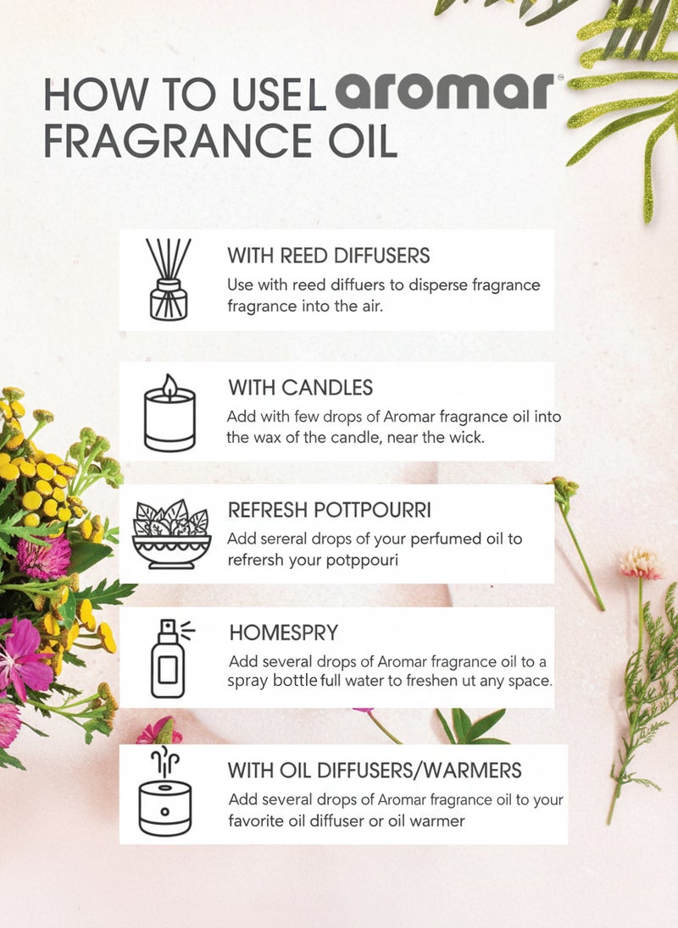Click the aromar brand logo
pyautogui.click(x=444, y=91)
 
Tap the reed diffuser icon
pyautogui.click(x=167, y=279)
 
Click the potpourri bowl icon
pyautogui.click(x=171, y=533)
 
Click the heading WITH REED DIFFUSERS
pyautogui.click(x=329, y=255)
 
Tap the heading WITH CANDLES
pyautogui.click(x=300, y=388)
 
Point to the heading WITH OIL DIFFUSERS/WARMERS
pyautogui.click(x=375, y=771)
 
